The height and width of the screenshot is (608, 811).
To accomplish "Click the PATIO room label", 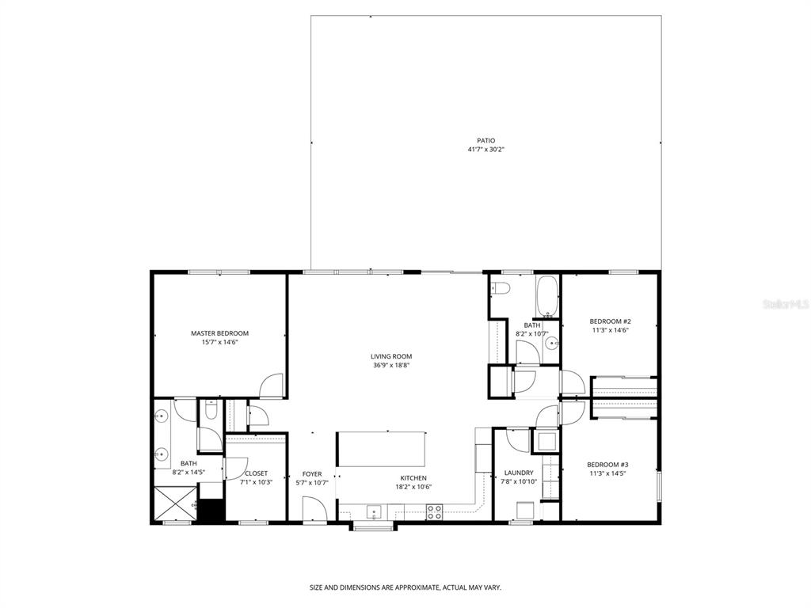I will coord(485,140).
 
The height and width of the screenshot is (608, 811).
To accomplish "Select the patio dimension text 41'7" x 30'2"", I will coord(485,149).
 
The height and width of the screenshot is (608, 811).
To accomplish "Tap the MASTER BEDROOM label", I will coord(219,333).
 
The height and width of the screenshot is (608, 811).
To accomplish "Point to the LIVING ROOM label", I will coord(391,356).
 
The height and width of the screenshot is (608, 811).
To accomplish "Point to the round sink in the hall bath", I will coord(553,344).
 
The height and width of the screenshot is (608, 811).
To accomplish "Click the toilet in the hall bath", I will coord(499,287).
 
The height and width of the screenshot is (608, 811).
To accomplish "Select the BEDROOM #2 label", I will coord(610,321).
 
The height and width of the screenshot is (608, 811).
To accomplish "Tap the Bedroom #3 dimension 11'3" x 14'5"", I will coord(607,473).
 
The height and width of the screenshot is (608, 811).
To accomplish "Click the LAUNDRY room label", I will coord(518,473).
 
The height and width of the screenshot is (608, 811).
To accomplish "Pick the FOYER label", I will coord(312,473).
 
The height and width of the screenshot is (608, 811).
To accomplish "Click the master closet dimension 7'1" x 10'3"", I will coord(256,482).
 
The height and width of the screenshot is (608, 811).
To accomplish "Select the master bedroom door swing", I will coord(271,385).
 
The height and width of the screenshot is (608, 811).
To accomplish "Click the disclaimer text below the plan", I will coord(405,587).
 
